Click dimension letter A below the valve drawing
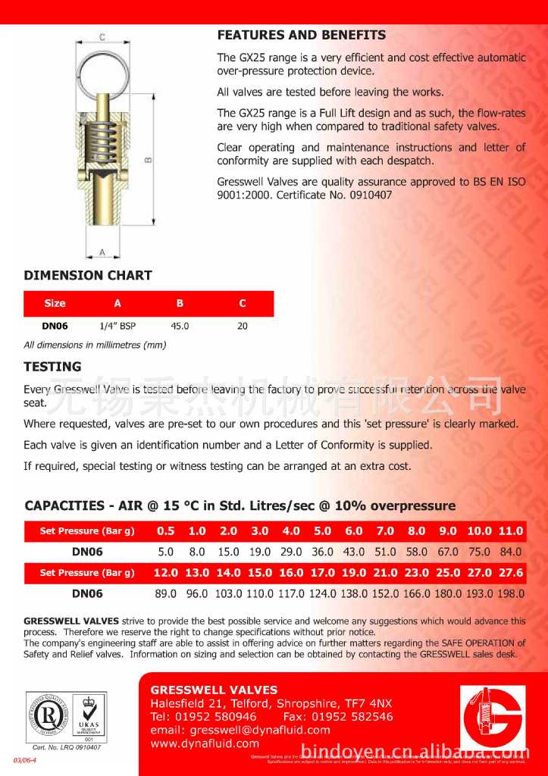102,252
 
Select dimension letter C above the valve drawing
102,36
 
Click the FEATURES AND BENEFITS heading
302,35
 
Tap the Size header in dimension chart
55,303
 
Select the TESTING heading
52,366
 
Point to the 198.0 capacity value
510,594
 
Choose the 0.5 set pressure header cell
165,531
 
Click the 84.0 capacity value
510,552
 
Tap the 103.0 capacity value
228,594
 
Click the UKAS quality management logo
89,716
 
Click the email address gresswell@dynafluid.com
240,730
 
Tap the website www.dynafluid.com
205,743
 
